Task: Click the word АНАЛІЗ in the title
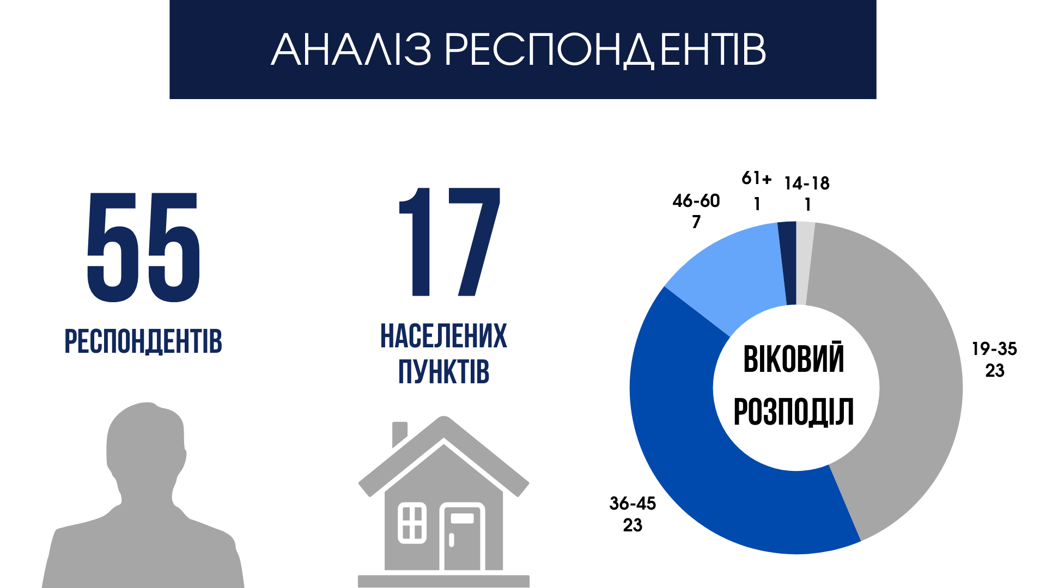(x=351, y=50)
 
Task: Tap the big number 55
(x=144, y=248)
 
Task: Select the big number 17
(x=449, y=242)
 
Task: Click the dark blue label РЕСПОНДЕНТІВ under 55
(x=143, y=342)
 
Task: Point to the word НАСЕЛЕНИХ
(x=443, y=336)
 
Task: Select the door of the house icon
(x=462, y=537)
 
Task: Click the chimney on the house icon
(x=400, y=433)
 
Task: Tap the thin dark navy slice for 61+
(x=787, y=263)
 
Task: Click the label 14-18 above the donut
(x=807, y=183)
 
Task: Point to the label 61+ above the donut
(x=757, y=178)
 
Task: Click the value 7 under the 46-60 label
(x=696, y=222)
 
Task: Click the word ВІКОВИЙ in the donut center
(x=794, y=359)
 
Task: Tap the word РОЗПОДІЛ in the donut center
(x=794, y=412)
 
